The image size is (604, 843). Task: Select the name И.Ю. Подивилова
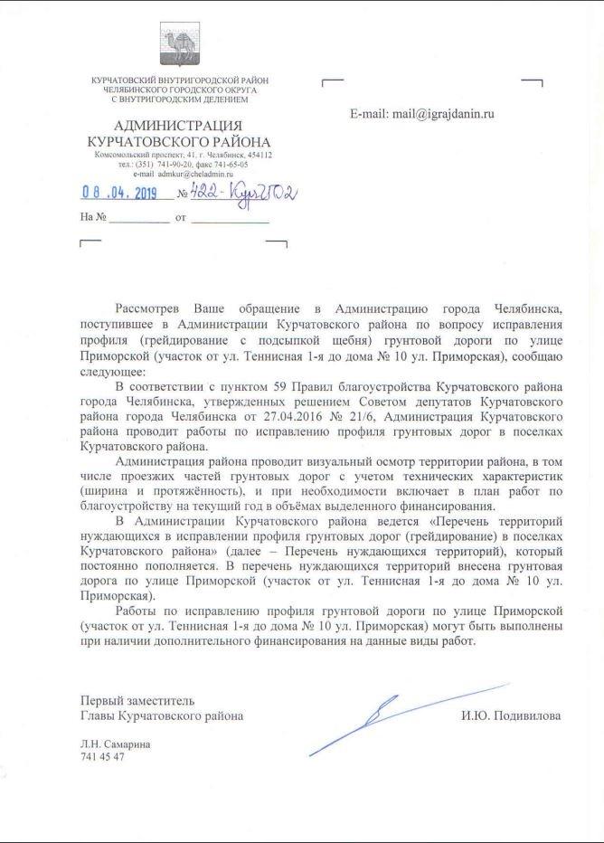pyautogui.click(x=510, y=715)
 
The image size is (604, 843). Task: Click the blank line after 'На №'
pyautogui.click(x=141, y=219)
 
